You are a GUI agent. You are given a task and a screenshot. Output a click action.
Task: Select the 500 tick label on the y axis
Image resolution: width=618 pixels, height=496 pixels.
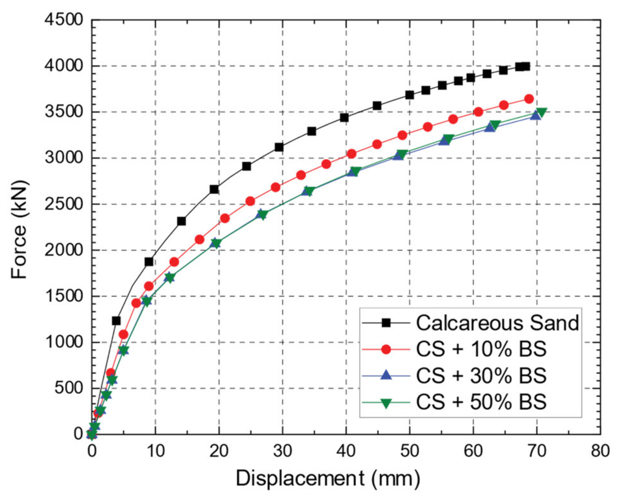68,388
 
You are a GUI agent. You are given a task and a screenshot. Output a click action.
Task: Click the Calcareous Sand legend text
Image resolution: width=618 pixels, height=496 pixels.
497,323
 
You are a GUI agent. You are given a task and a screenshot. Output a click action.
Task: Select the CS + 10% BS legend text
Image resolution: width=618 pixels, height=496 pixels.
481,349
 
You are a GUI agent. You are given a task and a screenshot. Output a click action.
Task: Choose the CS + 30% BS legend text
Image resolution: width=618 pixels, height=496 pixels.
481,375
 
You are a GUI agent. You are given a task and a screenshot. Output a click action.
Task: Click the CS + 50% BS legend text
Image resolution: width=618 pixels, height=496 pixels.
481,402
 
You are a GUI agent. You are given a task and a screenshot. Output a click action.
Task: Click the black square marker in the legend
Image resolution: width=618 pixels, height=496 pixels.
386,323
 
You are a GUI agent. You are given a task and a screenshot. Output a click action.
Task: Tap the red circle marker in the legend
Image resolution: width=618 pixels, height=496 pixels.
386,349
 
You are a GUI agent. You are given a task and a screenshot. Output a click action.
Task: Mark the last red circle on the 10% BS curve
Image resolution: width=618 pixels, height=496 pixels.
529,99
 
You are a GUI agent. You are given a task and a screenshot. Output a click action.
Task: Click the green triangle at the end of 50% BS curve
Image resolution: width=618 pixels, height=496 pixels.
541,112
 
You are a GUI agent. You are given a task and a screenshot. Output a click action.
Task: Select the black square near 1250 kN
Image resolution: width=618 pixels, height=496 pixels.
116,320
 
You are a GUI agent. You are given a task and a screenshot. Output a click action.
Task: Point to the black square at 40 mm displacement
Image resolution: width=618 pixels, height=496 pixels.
344,117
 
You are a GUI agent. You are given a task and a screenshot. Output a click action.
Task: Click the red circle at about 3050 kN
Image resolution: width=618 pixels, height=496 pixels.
351,154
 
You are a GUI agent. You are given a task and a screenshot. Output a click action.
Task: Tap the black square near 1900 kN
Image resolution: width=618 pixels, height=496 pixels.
149,262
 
